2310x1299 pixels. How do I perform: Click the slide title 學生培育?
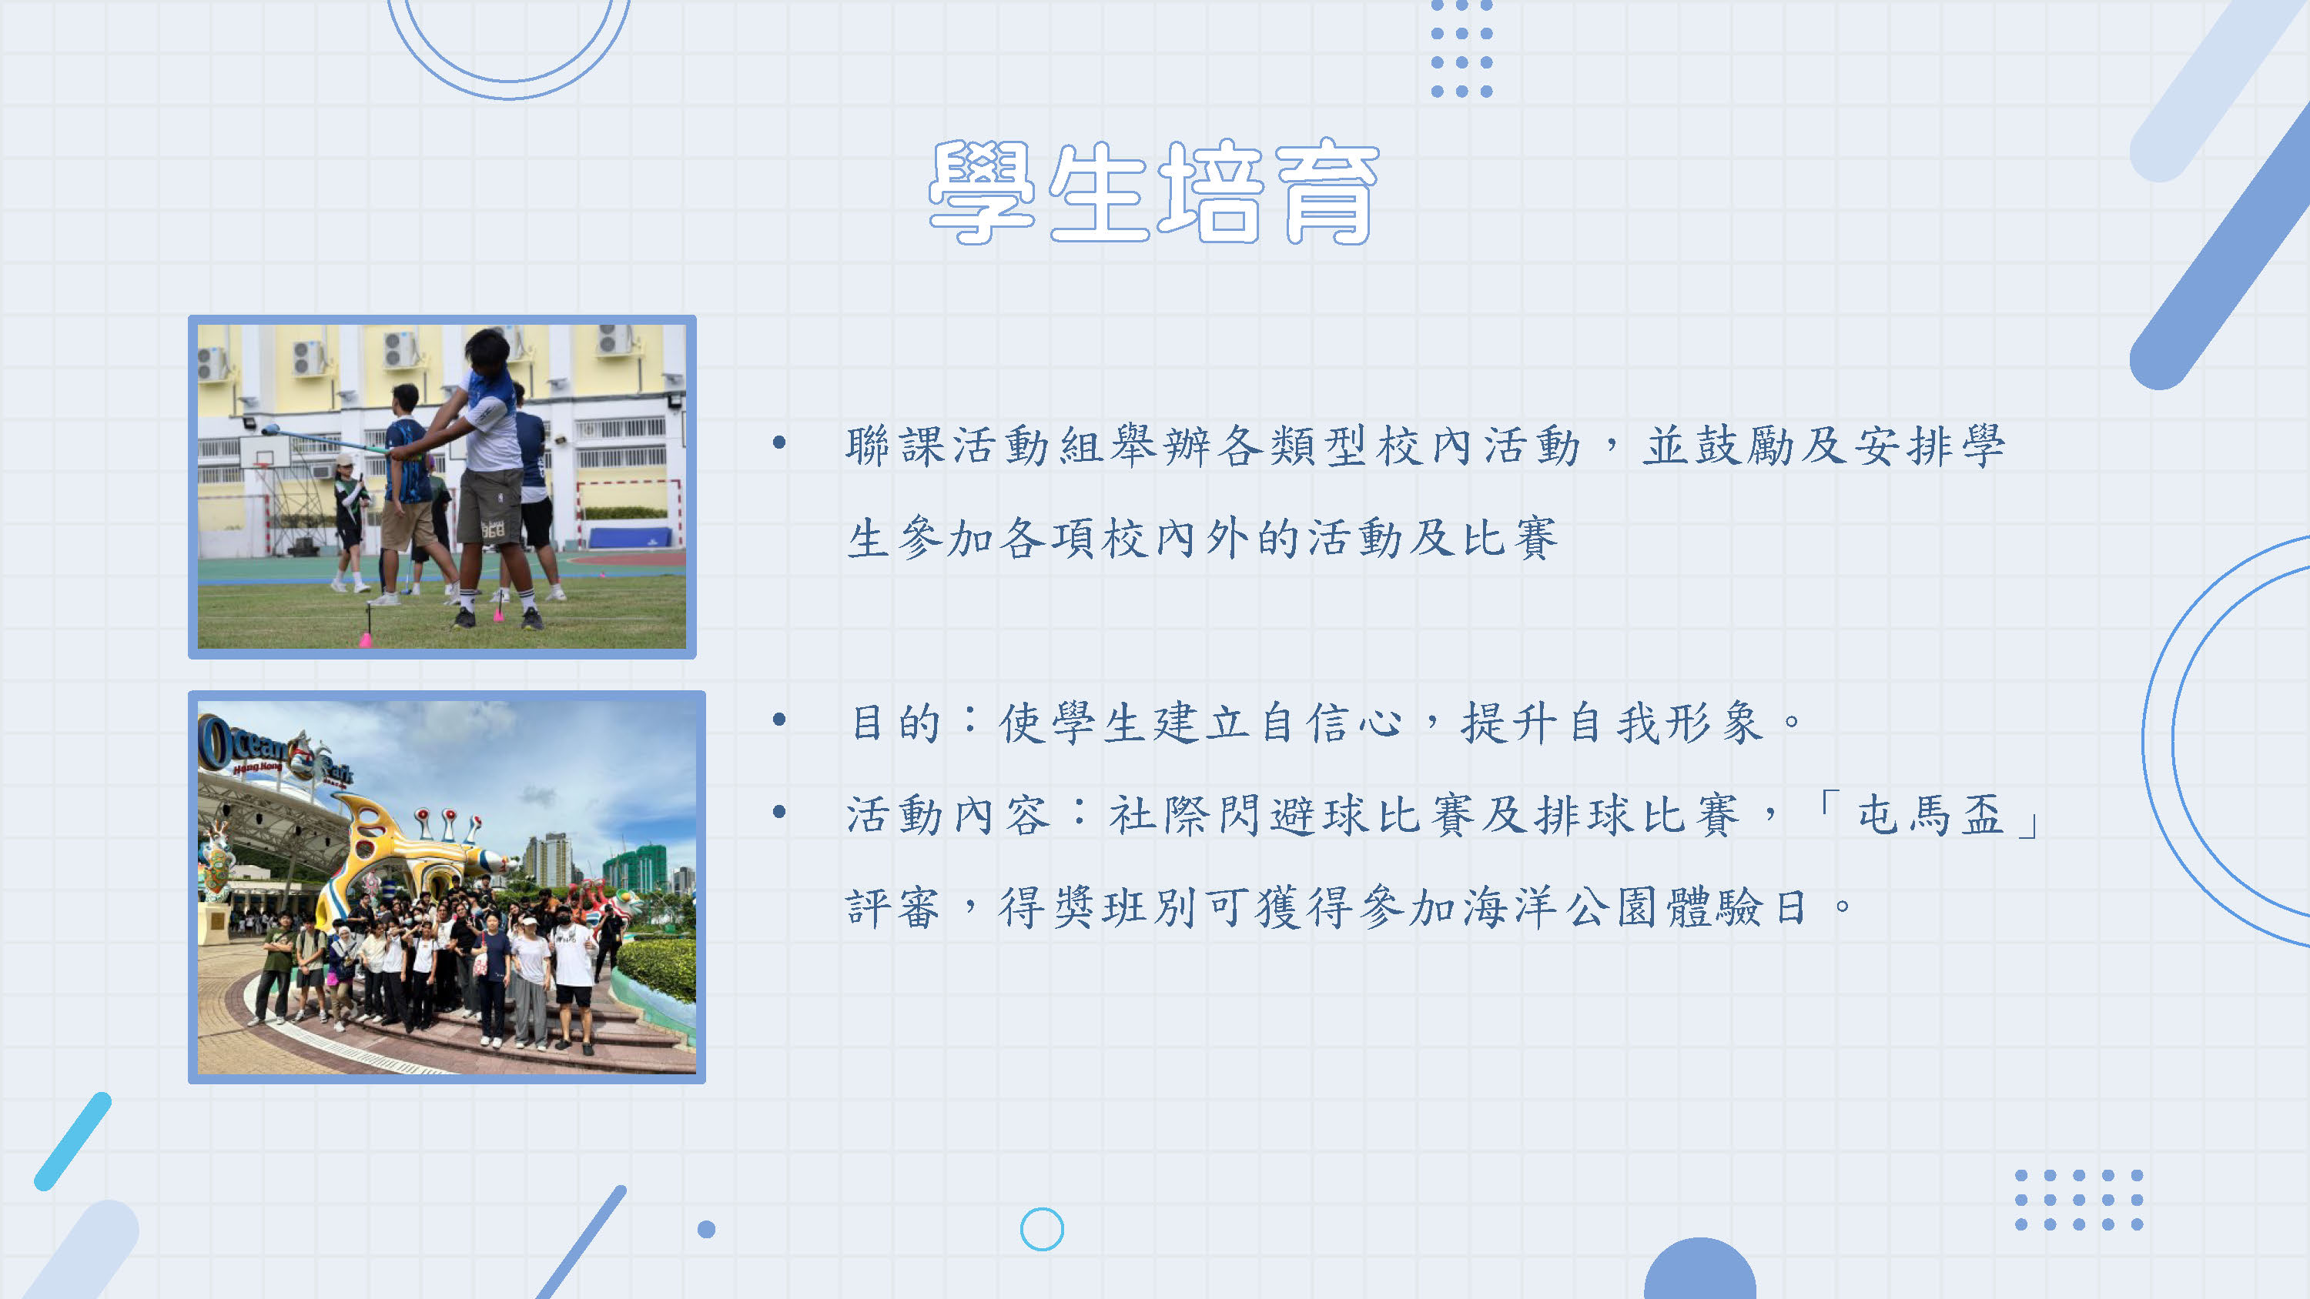coord(1153,192)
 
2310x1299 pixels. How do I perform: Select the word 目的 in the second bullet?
coord(894,723)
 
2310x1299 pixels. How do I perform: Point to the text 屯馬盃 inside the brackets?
coord(1930,815)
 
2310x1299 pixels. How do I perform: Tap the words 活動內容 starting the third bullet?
coord(947,815)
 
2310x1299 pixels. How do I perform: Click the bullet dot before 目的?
coord(779,719)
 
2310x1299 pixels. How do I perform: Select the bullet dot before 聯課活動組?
coord(779,442)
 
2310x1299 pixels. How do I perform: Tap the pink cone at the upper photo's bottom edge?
coord(366,639)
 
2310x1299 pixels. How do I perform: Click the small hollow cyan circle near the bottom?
coord(1042,1229)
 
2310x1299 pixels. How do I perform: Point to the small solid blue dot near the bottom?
coord(707,1229)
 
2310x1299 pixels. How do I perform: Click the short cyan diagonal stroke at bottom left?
coord(72,1141)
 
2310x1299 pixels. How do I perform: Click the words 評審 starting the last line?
coord(893,907)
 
